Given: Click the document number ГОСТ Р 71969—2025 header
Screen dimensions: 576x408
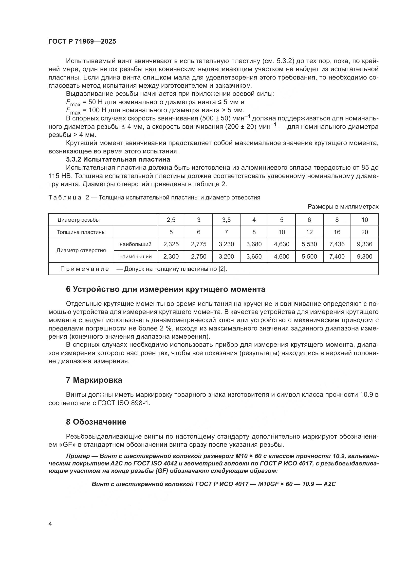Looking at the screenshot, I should pyautogui.click(x=82, y=41).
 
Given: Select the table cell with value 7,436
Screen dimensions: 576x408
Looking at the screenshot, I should pyautogui.click(x=337, y=244).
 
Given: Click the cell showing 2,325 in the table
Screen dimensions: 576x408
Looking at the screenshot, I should pyautogui.click(x=171, y=244).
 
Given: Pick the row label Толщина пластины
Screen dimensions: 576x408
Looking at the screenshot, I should pyautogui.click(x=81, y=232).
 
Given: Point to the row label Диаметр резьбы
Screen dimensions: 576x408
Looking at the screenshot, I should pyautogui.click(x=79, y=220).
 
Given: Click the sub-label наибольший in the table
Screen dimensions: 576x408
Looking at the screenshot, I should pyautogui.click(x=135, y=244).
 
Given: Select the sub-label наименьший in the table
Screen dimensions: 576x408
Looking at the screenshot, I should pyautogui.click(x=135, y=256).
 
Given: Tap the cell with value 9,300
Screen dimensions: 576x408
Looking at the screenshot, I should pyautogui.click(x=364, y=256).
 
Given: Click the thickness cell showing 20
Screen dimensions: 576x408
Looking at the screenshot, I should pyautogui.click(x=364, y=232).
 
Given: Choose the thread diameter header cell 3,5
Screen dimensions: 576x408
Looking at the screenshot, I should pyautogui.click(x=226, y=220).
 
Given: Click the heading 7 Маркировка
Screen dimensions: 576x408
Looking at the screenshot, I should pyautogui.click(x=94, y=380).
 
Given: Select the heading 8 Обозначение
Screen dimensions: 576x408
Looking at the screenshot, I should pyautogui.click(x=96, y=422).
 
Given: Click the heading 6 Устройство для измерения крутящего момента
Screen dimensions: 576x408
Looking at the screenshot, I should pyautogui.click(x=166, y=289).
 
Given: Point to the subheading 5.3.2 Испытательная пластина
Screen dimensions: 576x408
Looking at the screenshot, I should pyautogui.click(x=118, y=159).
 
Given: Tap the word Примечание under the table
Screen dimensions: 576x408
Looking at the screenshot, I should pyautogui.click(x=85, y=269).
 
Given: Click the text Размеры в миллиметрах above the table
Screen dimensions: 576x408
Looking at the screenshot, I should pyautogui.click(x=343, y=206).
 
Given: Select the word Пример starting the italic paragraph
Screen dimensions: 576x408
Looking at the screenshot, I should pyautogui.click(x=78, y=456).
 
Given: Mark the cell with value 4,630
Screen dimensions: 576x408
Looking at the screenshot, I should pyautogui.click(x=281, y=244).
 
